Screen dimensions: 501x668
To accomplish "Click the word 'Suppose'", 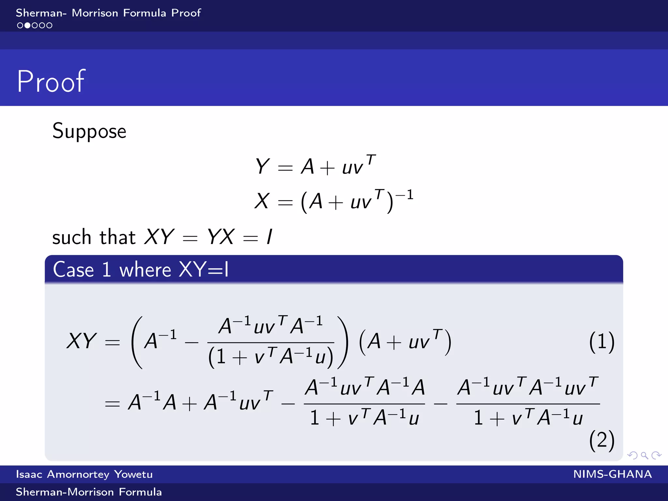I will [x=89, y=131].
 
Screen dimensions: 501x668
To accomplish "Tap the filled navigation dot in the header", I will [x=27, y=25].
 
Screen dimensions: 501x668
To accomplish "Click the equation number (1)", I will [x=601, y=342].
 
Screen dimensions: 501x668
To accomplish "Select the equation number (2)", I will [x=601, y=440].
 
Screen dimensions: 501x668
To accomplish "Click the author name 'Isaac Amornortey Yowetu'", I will [x=84, y=474].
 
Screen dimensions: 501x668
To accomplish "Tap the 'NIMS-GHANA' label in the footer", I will [x=612, y=474].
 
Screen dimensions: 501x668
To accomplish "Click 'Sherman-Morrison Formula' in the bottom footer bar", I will [x=89, y=492].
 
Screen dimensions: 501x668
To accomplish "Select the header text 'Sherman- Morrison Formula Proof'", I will [x=108, y=13].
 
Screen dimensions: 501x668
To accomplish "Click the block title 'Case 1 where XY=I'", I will [x=141, y=270].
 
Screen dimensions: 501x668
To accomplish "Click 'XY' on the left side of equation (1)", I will [x=81, y=341].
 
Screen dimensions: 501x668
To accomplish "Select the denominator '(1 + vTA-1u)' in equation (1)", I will [x=271, y=357].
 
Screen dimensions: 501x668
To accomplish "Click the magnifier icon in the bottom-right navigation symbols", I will [x=644, y=455].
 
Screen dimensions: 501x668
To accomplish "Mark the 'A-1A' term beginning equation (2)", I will [x=152, y=402].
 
